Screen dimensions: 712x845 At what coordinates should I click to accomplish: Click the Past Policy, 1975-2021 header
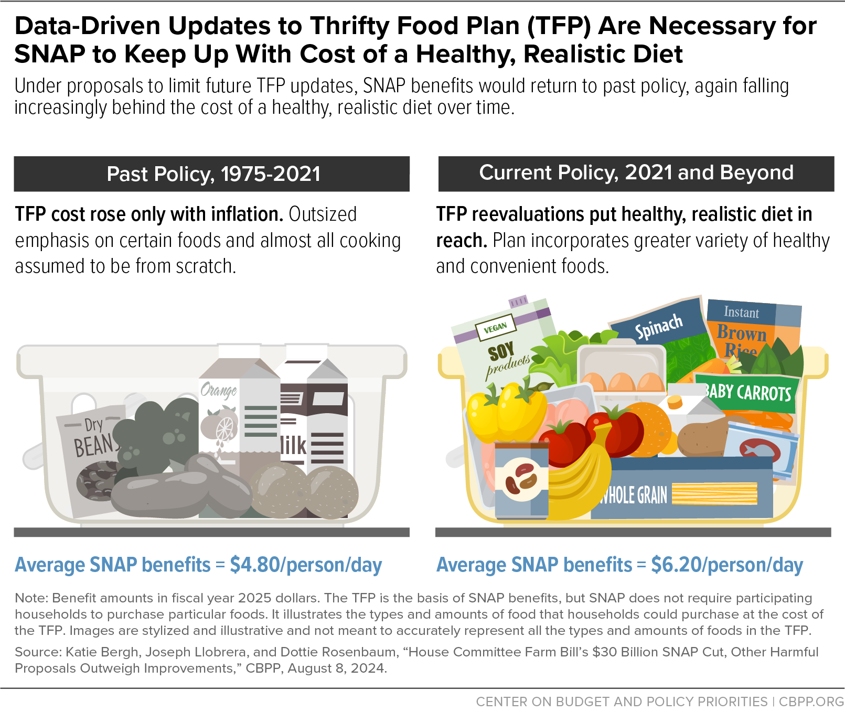[x=212, y=174]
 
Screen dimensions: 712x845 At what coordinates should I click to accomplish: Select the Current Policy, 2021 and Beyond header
[x=636, y=173]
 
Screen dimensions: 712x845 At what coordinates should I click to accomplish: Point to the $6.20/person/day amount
[x=727, y=565]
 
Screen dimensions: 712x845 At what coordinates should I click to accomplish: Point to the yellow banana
[x=582, y=482]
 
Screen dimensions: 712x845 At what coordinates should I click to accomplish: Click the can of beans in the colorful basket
[x=521, y=480]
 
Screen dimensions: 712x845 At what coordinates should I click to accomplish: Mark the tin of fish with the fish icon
[x=761, y=448]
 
